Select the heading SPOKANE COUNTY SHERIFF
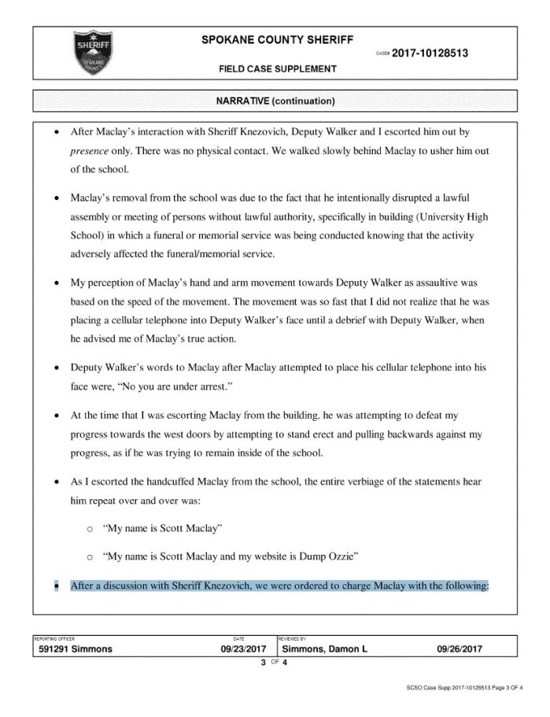click(278, 39)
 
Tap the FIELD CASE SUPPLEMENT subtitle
click(278, 69)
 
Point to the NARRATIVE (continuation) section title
click(275, 102)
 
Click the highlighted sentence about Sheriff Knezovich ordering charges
click(279, 586)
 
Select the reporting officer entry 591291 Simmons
click(76, 649)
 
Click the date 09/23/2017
click(244, 649)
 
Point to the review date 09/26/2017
click(459, 649)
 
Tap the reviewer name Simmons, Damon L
click(324, 649)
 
